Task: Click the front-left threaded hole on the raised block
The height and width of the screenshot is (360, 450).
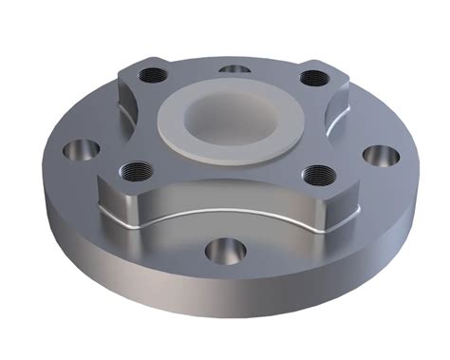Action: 125,171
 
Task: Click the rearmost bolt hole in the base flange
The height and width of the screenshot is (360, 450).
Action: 233,69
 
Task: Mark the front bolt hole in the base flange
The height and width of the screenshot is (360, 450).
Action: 224,251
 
